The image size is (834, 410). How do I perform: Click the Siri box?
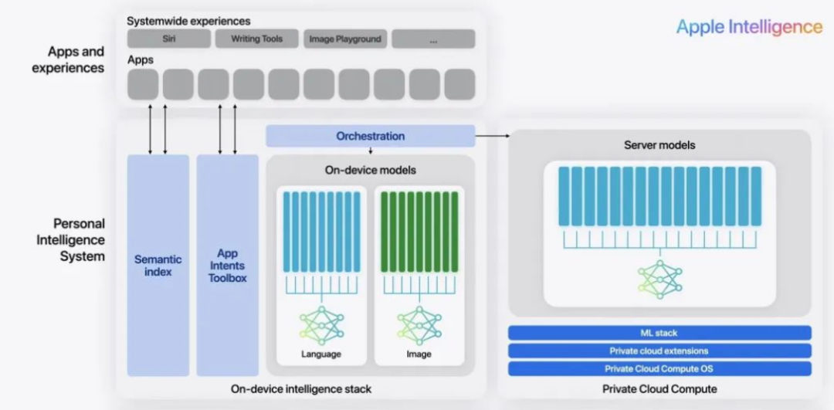(x=169, y=39)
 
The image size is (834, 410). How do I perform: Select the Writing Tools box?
(x=257, y=39)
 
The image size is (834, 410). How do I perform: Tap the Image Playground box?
(x=345, y=39)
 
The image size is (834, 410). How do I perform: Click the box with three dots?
(x=433, y=39)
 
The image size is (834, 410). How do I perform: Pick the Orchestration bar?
(x=370, y=136)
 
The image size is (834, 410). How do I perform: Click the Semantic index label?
(x=158, y=266)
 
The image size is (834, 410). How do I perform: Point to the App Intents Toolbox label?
(x=228, y=266)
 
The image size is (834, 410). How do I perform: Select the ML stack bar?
(x=659, y=333)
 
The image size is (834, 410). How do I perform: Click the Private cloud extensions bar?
(x=659, y=351)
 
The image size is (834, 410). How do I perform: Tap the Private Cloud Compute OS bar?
(x=659, y=369)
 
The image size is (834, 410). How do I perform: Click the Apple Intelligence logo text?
(x=749, y=26)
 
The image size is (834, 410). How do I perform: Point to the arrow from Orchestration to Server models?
(x=492, y=136)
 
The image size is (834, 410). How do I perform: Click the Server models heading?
(x=659, y=145)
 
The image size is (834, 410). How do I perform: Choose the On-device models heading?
(x=370, y=171)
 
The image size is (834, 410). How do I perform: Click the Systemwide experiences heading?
(x=189, y=22)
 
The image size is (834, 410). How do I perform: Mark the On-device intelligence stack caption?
(x=301, y=389)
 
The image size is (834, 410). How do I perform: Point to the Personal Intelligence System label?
(x=71, y=240)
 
